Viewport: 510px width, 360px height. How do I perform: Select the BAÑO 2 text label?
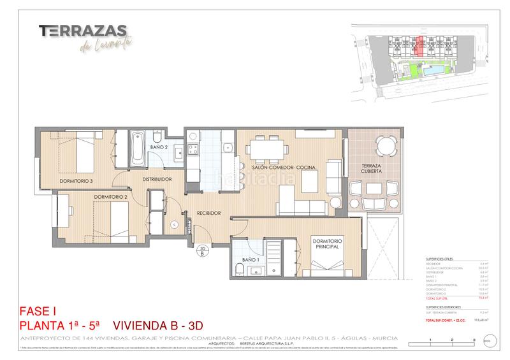tap(159, 147)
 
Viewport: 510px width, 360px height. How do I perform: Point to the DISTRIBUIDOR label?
tap(157, 180)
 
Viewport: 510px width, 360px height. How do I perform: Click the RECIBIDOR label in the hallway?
tap(208, 213)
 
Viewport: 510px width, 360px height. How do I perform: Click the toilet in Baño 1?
tap(237, 271)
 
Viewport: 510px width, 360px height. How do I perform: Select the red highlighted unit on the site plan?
tap(419, 47)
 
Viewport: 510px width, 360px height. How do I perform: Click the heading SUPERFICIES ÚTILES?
tap(440, 258)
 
